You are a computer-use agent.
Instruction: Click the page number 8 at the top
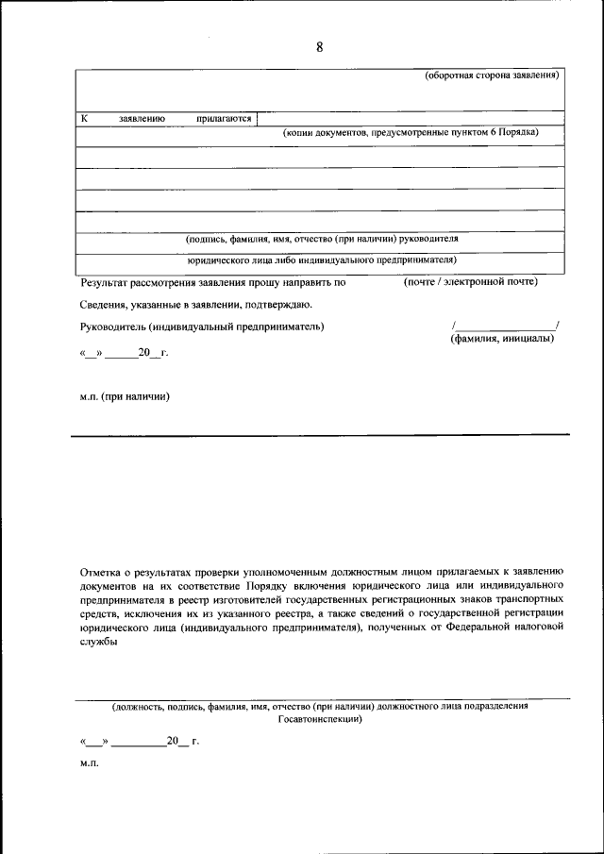[x=319, y=48]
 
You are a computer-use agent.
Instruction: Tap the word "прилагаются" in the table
[x=224, y=119]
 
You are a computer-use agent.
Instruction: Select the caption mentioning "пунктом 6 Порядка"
[x=411, y=133]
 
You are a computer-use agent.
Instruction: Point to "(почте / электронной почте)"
[x=470, y=281]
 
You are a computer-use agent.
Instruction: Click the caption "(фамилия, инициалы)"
[x=502, y=339]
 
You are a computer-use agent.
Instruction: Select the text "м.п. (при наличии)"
[x=125, y=397]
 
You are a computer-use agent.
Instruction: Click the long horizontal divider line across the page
[x=321, y=435]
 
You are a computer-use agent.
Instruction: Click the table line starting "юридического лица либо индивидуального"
[x=321, y=259]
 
